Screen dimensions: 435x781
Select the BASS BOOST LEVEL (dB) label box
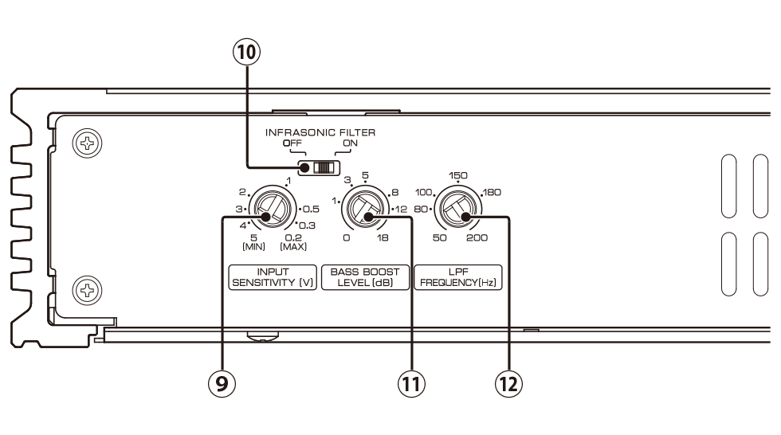pos(365,276)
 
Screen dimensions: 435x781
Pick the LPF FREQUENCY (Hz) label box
pos(457,276)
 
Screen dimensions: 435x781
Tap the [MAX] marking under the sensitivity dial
pos(294,246)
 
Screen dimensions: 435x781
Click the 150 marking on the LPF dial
pos(457,174)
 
